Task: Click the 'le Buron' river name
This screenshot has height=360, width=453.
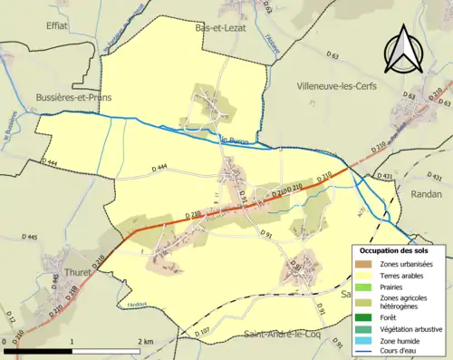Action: [x=234, y=140]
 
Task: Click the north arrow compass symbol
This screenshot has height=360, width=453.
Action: [x=400, y=50]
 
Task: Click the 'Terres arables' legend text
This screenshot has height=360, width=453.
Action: [x=404, y=275]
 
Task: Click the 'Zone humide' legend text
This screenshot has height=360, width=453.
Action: [x=400, y=341]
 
